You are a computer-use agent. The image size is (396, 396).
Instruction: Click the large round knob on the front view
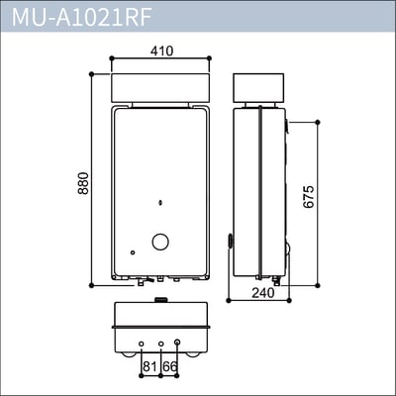pyautogui.click(x=159, y=242)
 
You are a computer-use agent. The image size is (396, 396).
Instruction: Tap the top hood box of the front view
pyautogui.click(x=160, y=87)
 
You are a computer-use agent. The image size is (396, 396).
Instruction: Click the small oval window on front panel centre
pyautogui.click(x=160, y=205)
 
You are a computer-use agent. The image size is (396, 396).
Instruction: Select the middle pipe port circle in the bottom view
pyautogui.click(x=160, y=345)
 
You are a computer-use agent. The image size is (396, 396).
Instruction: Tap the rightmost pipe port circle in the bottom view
pyautogui.click(x=177, y=344)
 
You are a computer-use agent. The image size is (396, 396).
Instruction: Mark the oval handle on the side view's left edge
pyautogui.click(x=229, y=240)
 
